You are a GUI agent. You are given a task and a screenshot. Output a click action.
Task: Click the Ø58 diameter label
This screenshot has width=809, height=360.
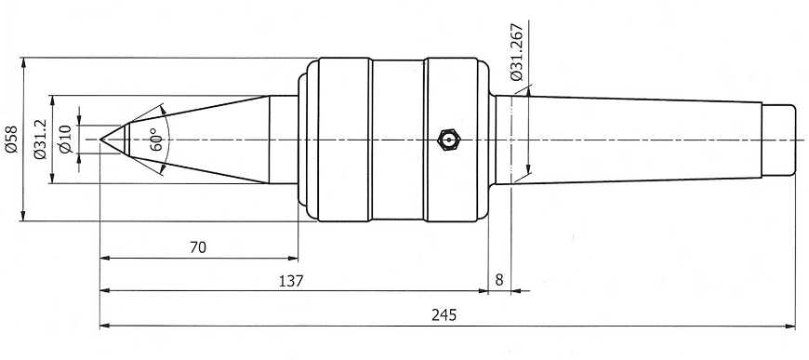click(11, 140)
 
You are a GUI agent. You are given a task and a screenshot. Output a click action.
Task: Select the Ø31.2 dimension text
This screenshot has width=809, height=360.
click(40, 140)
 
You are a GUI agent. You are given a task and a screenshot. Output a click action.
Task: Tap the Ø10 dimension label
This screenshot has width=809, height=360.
click(66, 140)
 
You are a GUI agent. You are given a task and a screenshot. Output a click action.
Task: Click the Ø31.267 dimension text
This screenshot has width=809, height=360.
click(516, 52)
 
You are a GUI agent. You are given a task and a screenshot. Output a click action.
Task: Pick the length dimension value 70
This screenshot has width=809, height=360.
click(198, 248)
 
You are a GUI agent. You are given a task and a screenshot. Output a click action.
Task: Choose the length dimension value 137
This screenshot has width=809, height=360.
click(291, 282)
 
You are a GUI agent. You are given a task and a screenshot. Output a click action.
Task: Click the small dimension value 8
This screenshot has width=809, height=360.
click(499, 280)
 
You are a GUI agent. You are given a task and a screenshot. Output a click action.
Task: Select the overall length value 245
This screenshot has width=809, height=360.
click(444, 315)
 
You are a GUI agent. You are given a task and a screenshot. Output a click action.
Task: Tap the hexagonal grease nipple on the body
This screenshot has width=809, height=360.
click(448, 140)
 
